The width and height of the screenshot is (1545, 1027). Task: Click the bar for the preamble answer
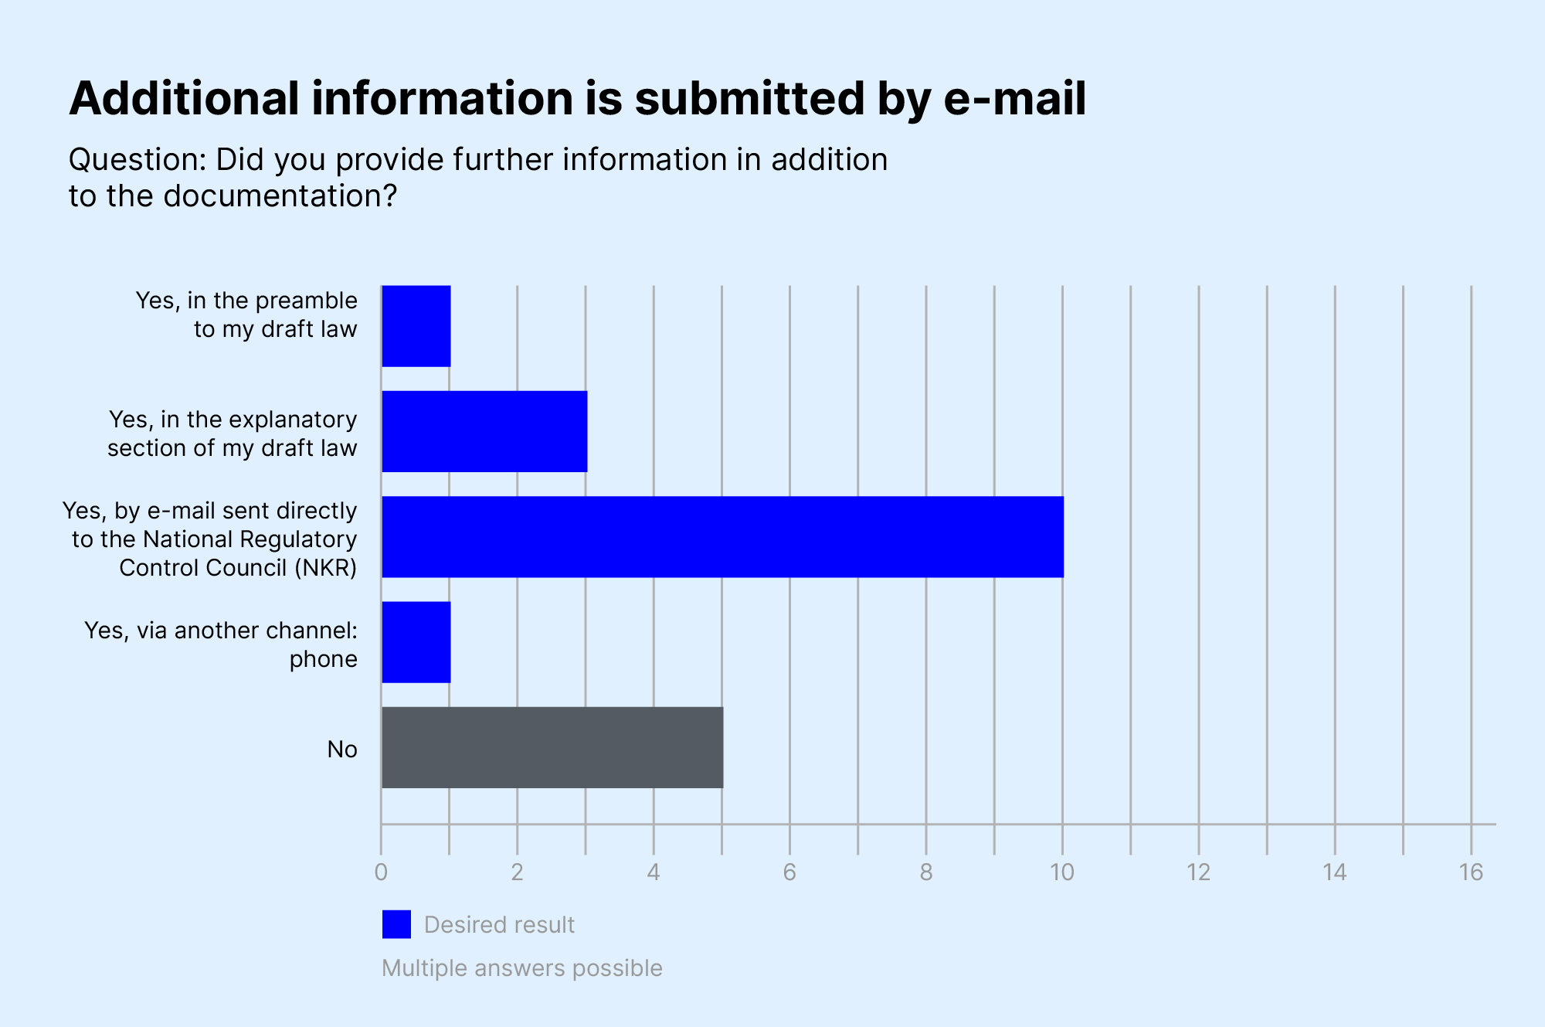416,326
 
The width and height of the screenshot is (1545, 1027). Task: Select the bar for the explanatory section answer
484,431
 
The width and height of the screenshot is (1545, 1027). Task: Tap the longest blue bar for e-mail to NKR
722,537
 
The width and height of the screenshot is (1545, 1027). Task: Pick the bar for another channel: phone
416,642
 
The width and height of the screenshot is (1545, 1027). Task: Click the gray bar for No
552,747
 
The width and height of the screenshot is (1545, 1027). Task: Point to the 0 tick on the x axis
381,872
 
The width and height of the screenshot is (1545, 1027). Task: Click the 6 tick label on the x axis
789,872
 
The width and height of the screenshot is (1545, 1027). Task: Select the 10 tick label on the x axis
1062,872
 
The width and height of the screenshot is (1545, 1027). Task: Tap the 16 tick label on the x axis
1471,872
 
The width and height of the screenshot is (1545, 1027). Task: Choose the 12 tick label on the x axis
1198,872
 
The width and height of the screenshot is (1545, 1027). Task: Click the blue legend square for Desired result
396,924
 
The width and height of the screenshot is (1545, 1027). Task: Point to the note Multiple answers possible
521,968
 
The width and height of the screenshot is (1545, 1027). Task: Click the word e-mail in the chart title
1014,99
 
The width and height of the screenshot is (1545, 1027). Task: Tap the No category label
342,749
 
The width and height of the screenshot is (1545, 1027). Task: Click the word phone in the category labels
323,659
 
